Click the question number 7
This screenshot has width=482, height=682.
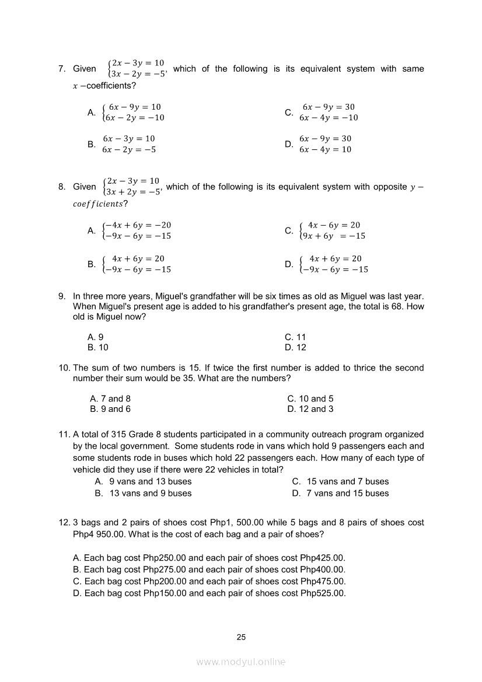pyautogui.click(x=61, y=69)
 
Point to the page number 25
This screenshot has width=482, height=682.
pyautogui.click(x=241, y=637)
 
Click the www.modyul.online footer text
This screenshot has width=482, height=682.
pyautogui.click(x=241, y=662)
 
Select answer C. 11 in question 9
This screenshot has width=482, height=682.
pyautogui.click(x=295, y=337)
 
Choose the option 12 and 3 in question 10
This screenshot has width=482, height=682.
pyautogui.click(x=310, y=409)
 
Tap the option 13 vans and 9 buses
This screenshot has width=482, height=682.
pyautogui.click(x=143, y=493)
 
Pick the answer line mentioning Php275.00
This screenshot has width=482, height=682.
pyautogui.click(x=209, y=569)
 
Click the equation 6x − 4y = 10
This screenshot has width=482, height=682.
pyautogui.click(x=325, y=149)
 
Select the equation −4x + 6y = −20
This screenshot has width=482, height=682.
pyautogui.click(x=138, y=225)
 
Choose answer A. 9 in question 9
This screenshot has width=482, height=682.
pyautogui.click(x=95, y=337)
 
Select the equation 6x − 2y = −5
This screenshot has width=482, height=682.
pyautogui.click(x=128, y=149)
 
